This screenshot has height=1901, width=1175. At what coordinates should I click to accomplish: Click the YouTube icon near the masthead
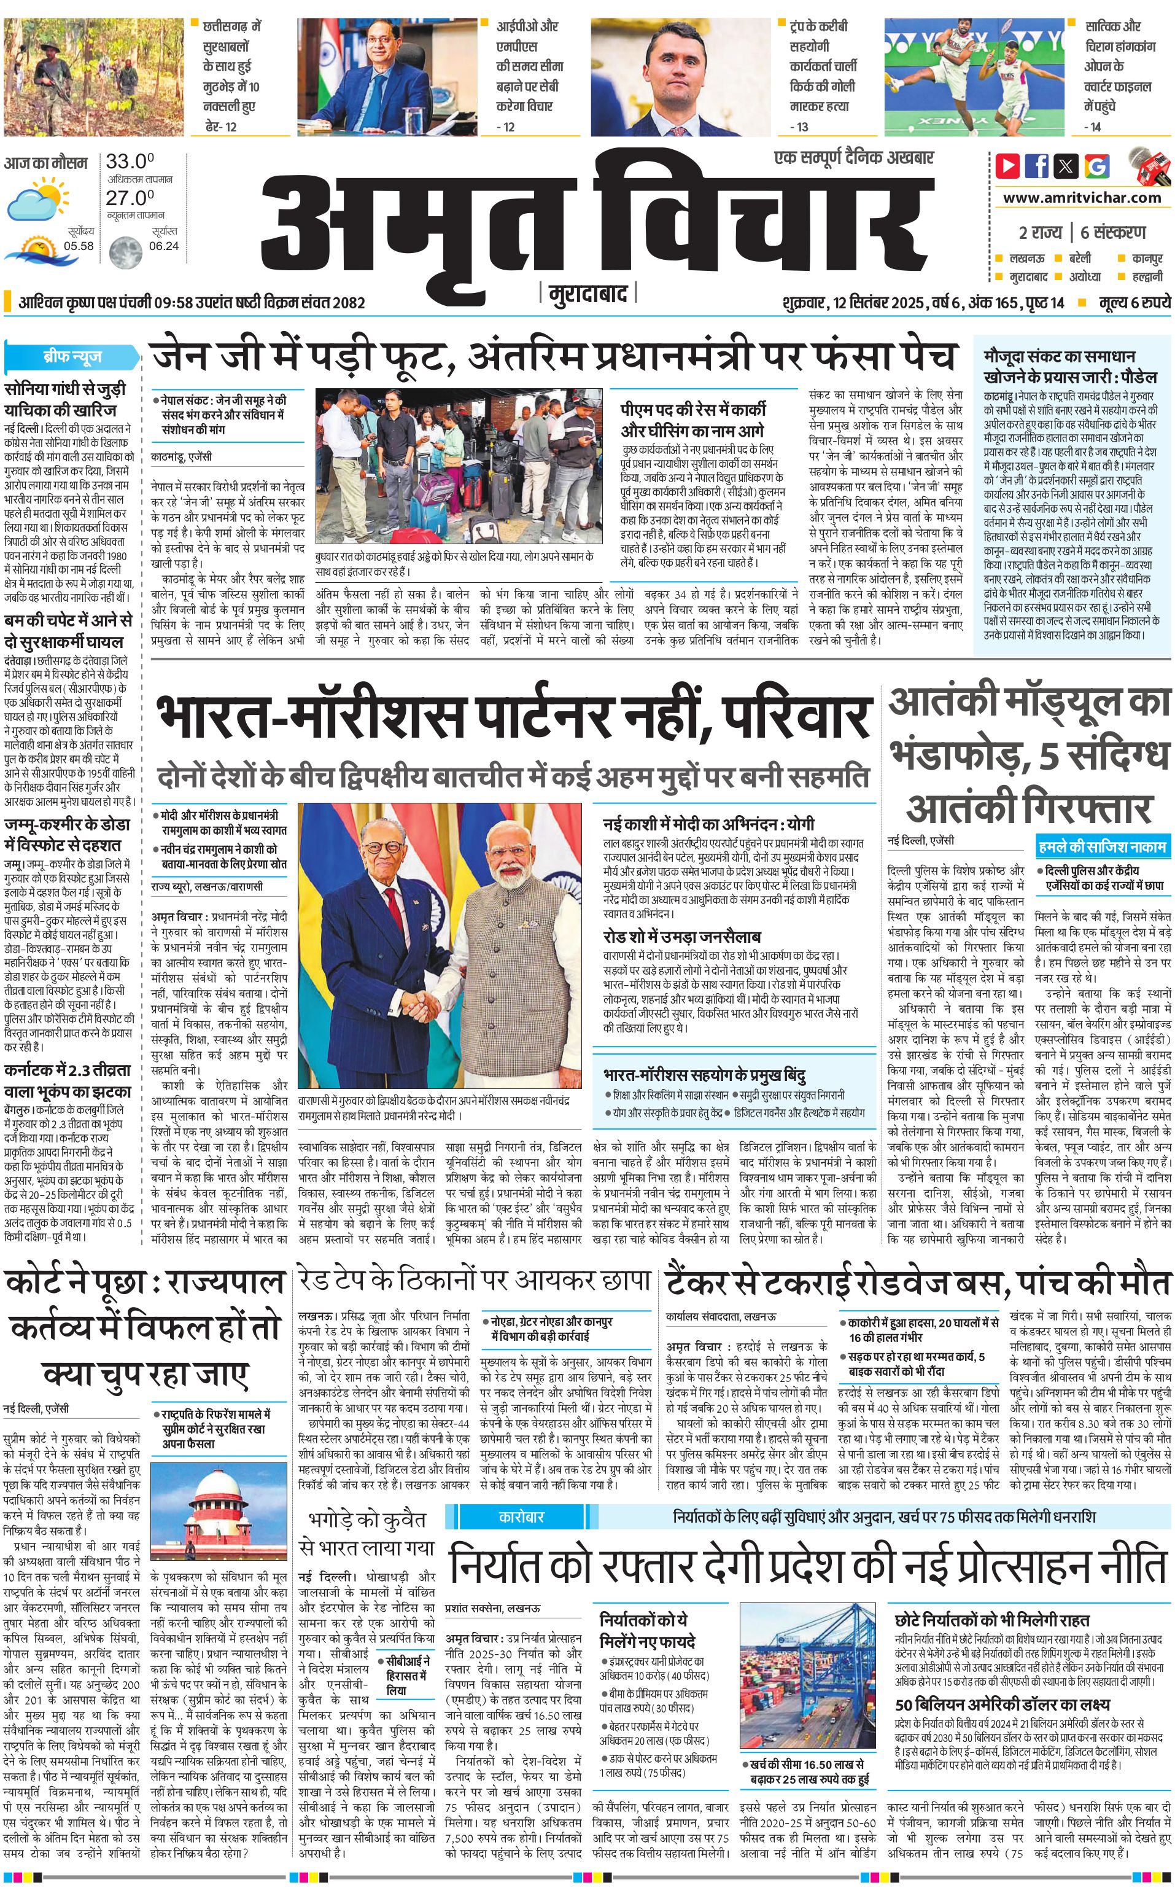[x=1008, y=166]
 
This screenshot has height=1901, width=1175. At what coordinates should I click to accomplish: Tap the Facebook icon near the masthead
[x=1037, y=166]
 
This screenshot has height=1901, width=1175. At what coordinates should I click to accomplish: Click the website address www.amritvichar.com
[x=1082, y=198]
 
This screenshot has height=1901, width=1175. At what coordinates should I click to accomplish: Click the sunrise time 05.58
[x=79, y=246]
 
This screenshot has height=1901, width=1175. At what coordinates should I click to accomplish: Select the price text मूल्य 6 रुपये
[x=1134, y=302]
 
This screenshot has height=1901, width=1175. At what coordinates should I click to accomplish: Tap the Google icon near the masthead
[x=1096, y=166]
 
